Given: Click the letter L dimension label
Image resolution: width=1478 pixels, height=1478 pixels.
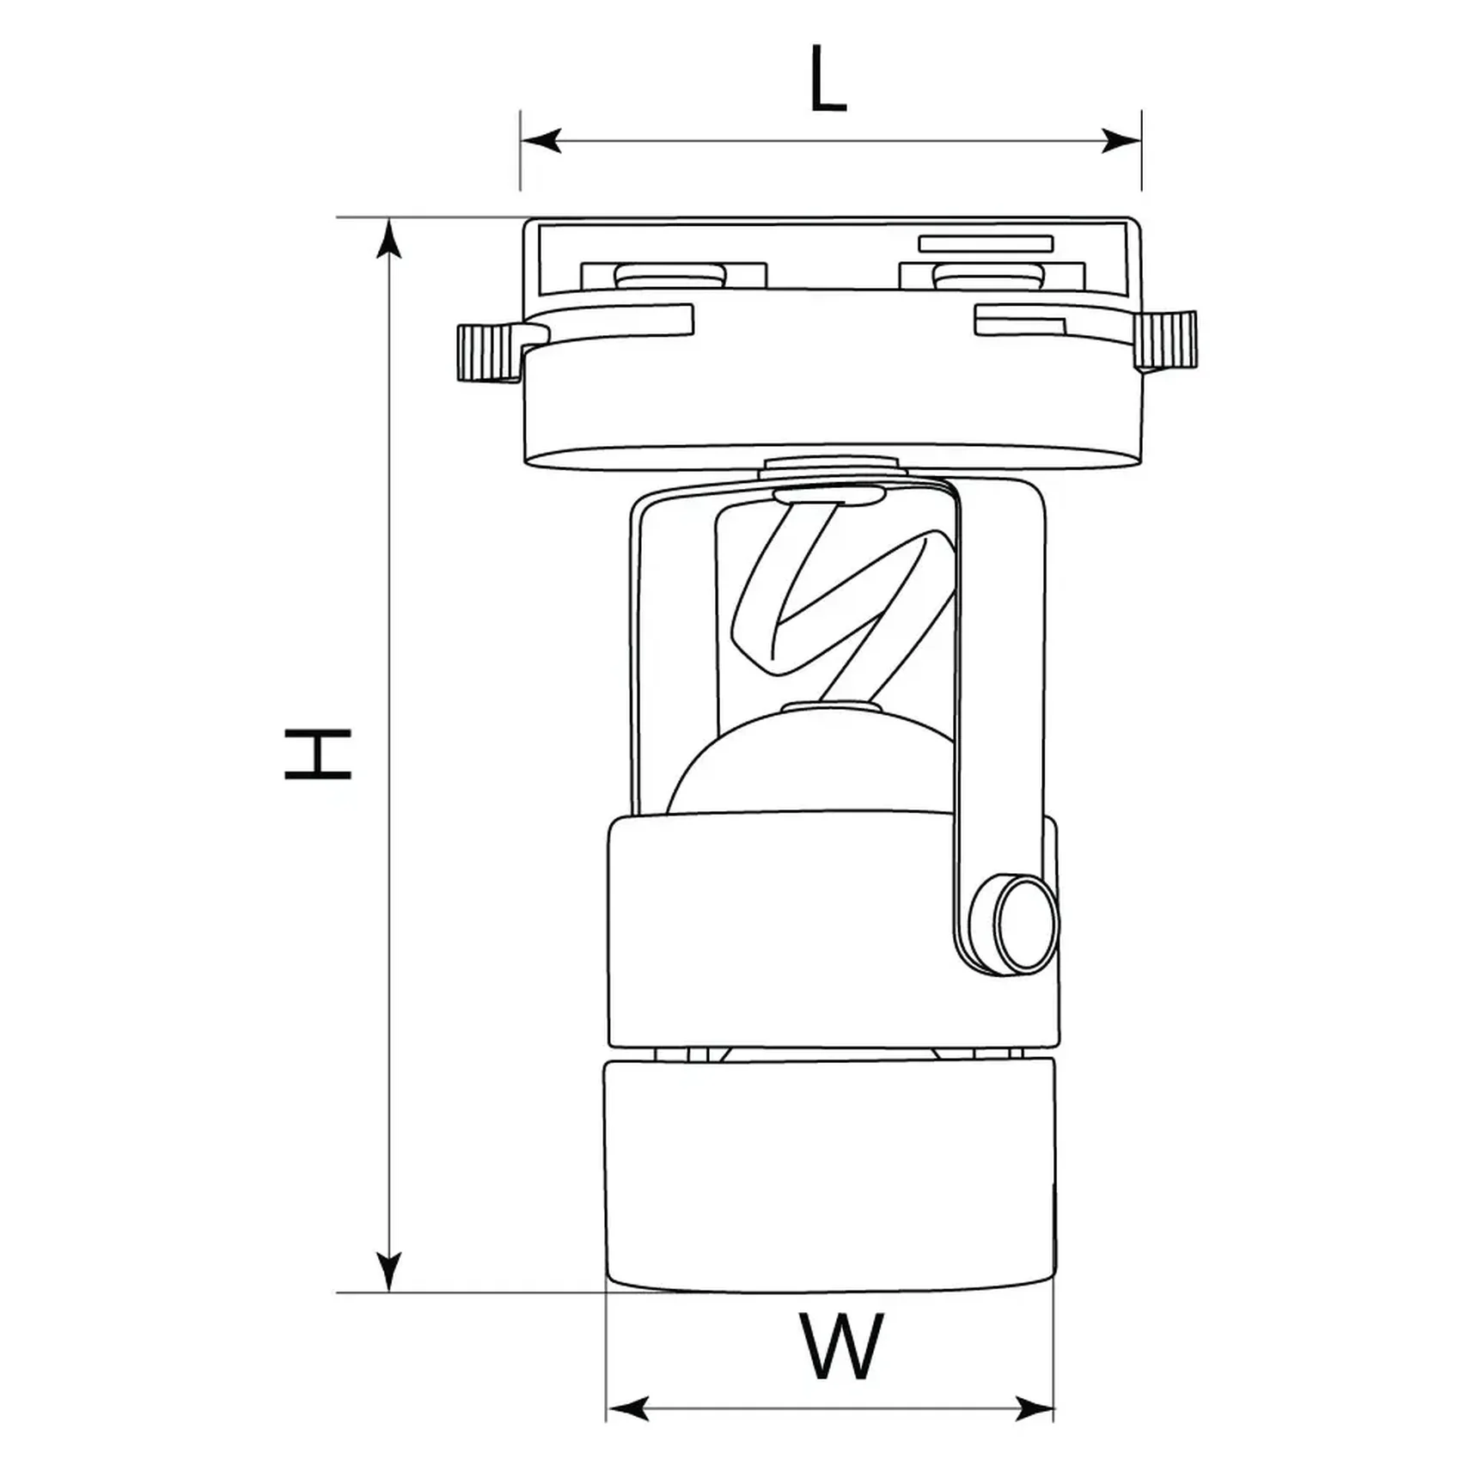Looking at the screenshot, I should [828, 79].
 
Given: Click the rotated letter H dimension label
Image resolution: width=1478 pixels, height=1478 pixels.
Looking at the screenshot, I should [318, 754].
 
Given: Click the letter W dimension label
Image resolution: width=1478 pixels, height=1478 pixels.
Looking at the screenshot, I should [841, 1347].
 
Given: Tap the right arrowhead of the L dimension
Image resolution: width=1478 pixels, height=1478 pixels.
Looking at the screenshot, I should [1121, 140].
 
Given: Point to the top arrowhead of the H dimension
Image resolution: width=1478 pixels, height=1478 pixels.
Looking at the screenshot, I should [389, 239].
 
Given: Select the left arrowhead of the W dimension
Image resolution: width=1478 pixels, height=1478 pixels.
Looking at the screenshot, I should [628, 1408].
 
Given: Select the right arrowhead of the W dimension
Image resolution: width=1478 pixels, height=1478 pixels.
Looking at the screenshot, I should [1033, 1408].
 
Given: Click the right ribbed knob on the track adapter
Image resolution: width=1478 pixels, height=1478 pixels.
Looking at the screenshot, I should [1165, 341].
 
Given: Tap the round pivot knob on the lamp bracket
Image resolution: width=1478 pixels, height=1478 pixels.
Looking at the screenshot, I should [1025, 924].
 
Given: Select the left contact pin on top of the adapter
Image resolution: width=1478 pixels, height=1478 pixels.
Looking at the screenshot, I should [670, 276].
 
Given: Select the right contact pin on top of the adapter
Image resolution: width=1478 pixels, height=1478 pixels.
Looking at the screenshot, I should [988, 276].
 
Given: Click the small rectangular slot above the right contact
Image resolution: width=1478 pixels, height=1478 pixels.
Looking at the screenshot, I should [986, 244].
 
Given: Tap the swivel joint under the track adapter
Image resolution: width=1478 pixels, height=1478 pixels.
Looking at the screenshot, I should [831, 468].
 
